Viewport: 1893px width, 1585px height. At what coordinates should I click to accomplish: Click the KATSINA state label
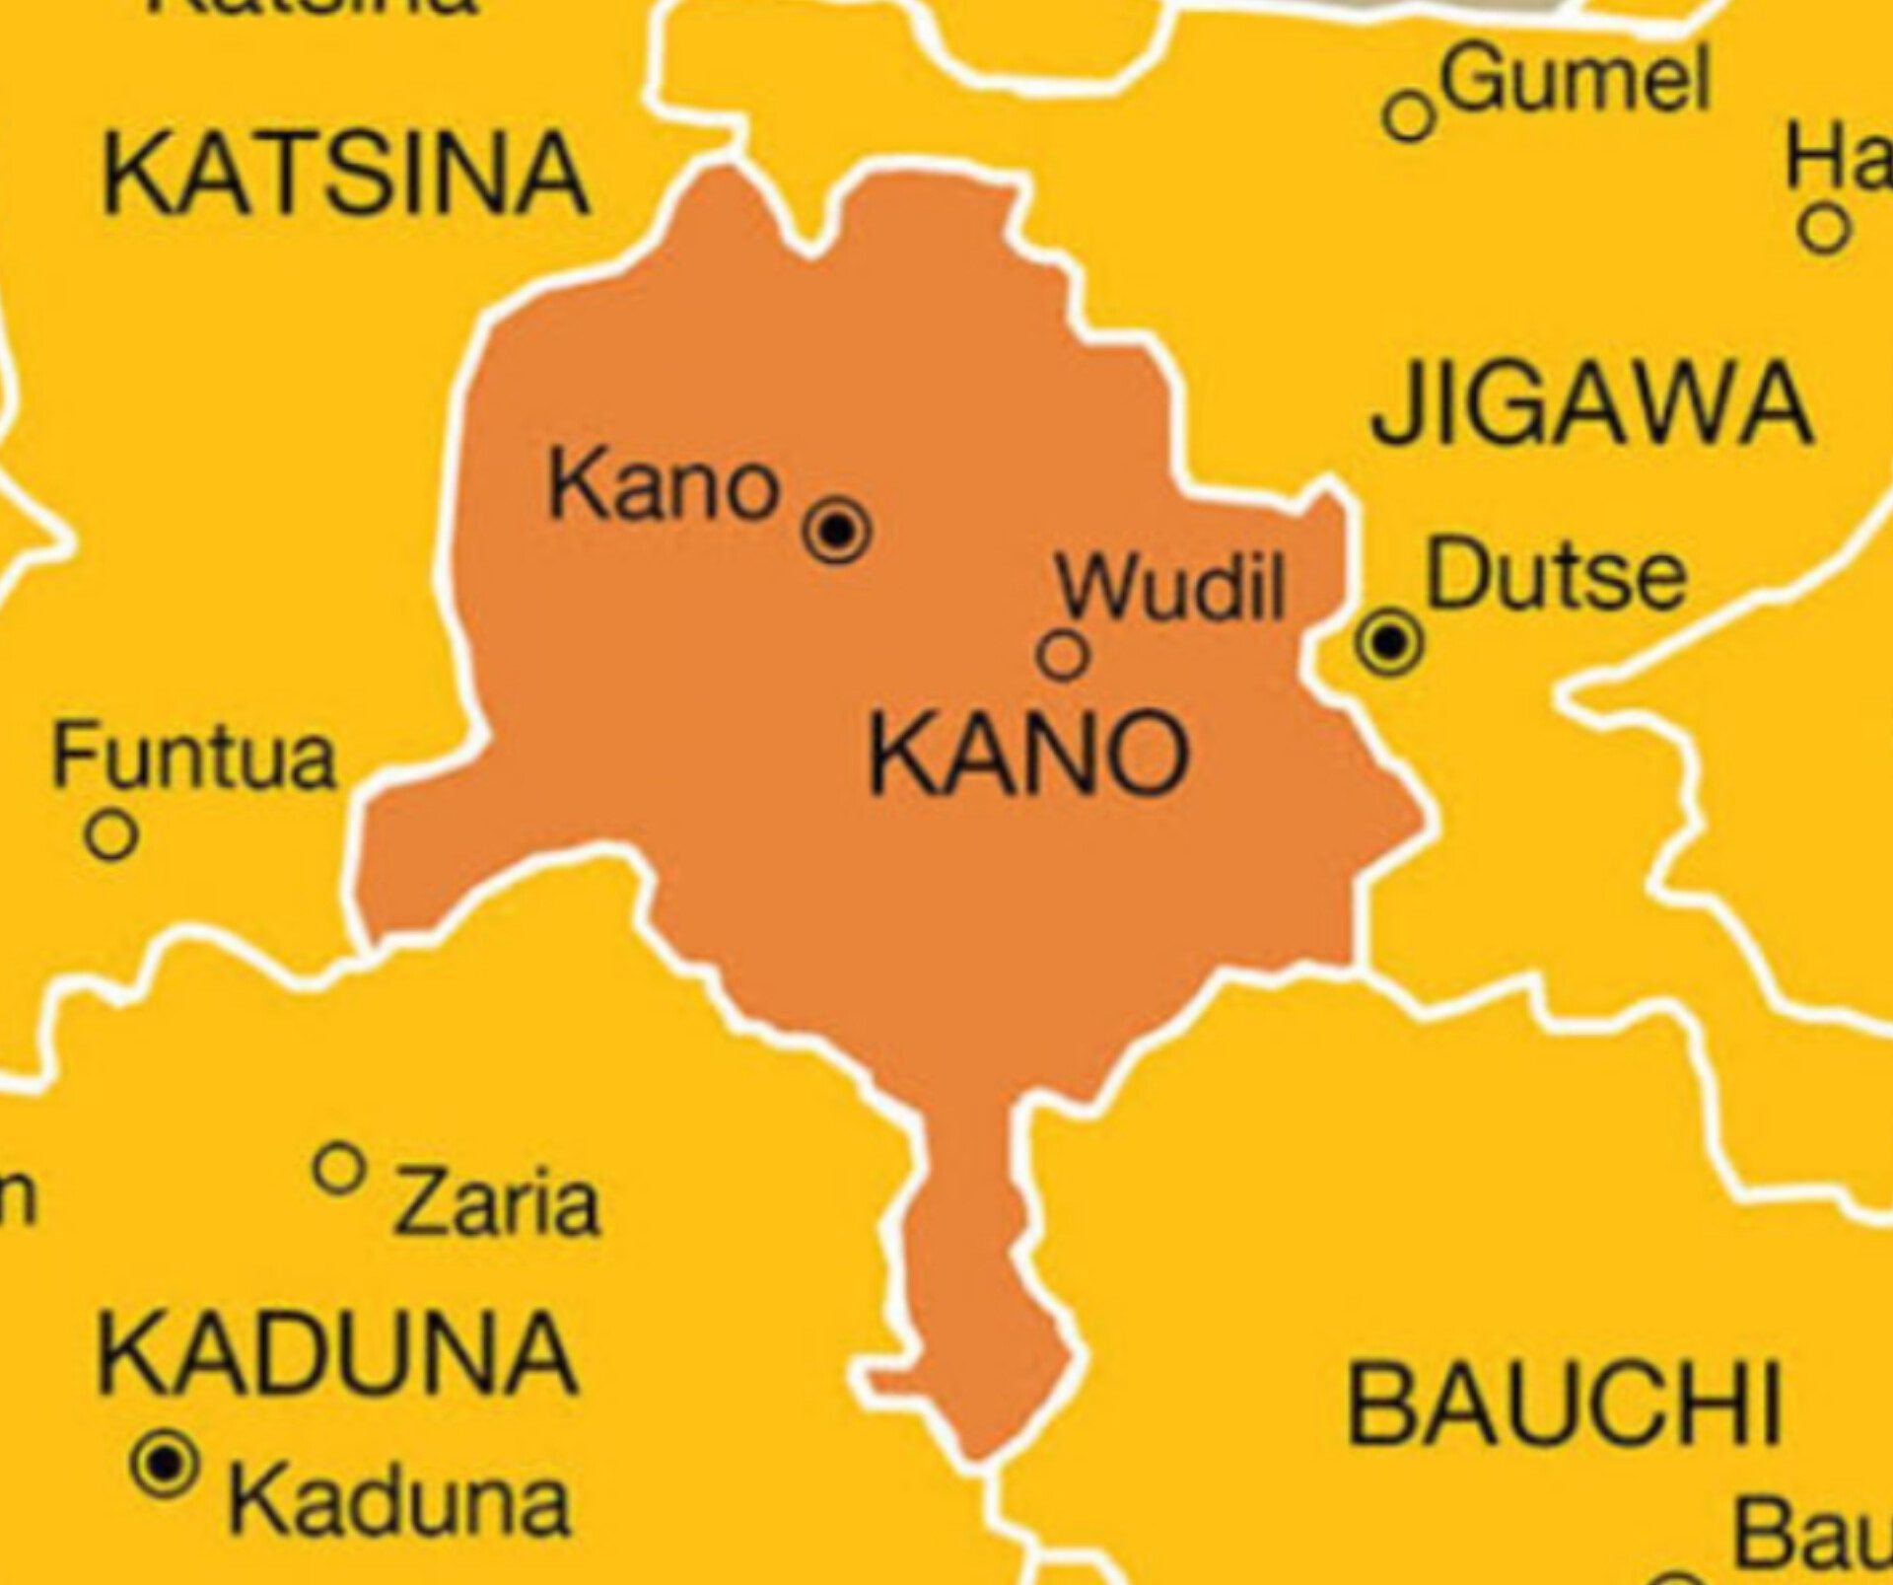coord(345,176)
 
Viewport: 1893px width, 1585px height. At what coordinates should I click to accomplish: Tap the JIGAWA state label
coord(1591,404)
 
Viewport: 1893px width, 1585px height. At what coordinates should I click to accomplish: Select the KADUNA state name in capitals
coord(337,1353)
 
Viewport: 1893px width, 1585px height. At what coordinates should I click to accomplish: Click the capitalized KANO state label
coord(1028,756)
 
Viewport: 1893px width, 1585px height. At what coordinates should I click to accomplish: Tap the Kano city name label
coord(664,486)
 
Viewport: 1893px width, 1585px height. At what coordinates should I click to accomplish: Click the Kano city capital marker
coord(837,532)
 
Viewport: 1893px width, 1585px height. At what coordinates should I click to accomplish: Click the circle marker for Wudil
coord(1063,655)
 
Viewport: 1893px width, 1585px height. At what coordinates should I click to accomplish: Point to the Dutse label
coord(1556,574)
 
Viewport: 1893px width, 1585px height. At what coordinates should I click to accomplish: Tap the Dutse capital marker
coord(1389,642)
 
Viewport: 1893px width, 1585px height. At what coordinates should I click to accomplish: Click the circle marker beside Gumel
coord(1409,116)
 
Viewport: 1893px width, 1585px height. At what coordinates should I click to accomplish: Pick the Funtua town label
coord(194,757)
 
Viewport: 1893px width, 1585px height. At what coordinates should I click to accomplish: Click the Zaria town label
coord(497,1204)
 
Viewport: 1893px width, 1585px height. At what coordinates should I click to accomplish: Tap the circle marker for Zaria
coord(339,1169)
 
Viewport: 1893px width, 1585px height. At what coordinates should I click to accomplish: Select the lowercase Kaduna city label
coord(399,1502)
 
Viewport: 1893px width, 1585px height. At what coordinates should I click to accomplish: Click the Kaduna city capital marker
coord(165,1464)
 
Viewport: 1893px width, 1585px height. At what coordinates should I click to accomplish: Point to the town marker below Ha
coord(1824,229)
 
